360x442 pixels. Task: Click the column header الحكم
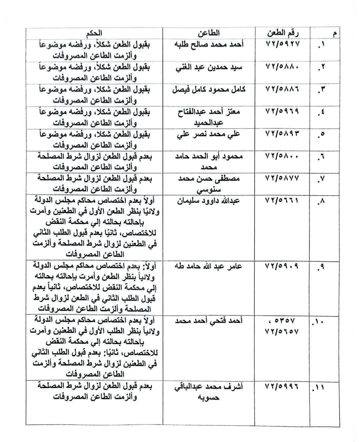click(95, 33)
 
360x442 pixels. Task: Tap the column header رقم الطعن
click(283, 33)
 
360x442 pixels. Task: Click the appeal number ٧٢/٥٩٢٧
click(283, 44)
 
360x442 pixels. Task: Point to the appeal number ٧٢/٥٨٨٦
click(283, 89)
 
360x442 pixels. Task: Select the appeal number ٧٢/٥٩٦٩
click(283, 111)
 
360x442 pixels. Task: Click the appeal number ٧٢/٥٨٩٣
click(283, 134)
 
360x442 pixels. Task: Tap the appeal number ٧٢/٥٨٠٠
click(283, 156)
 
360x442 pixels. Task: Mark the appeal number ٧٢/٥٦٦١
click(283, 200)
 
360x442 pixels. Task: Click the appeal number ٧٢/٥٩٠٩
click(283, 266)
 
